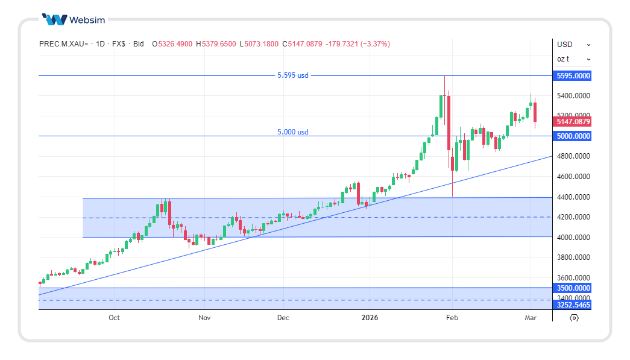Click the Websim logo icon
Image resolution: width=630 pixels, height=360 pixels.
coord(54,20)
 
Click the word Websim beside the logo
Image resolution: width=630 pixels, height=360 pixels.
coord(87,20)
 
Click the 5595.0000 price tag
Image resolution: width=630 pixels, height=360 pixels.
coord(573,76)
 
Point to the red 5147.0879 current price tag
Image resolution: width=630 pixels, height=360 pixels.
coord(573,122)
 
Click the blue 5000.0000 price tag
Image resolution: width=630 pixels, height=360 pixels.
coord(573,136)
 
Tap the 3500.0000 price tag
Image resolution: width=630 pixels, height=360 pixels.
coord(573,288)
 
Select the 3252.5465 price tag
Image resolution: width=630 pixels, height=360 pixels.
coord(573,305)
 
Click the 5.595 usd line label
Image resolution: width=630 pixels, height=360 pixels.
coord(293,75)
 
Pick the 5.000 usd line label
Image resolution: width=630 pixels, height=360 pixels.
coord(293,132)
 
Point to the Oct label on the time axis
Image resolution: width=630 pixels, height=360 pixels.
coord(115,318)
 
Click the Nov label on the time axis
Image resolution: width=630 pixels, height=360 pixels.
coord(204,318)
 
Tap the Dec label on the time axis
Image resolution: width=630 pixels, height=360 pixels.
coord(283,318)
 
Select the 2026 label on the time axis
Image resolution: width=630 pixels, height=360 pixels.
coord(370,318)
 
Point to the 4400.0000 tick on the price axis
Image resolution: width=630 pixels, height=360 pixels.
coord(573,197)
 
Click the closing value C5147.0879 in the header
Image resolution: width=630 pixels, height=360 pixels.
coord(305,44)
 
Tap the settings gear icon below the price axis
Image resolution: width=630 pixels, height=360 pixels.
coord(574,318)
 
